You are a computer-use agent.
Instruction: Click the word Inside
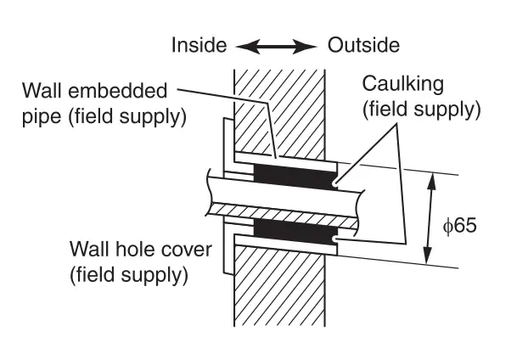pos(199,45)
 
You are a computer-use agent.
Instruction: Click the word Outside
pos(363,45)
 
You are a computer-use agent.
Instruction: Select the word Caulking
pos(402,84)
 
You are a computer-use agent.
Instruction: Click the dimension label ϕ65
pos(460,225)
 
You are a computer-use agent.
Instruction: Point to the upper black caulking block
pos(295,177)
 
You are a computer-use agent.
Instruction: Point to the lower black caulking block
pos(295,232)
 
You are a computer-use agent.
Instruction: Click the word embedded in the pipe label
pos(117,91)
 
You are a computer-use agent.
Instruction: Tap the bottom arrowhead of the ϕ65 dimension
pos(428,256)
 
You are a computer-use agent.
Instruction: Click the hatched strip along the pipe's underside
pos(283,215)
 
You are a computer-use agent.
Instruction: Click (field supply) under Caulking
pos(422,110)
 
